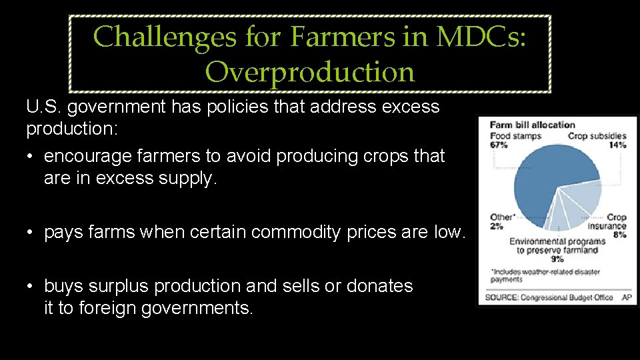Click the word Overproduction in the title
tap(310, 71)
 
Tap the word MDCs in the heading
tap(481, 37)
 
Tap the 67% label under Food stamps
tap(499, 145)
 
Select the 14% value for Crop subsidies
tap(618, 145)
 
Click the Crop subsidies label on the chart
tap(597, 136)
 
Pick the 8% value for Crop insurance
tap(619, 235)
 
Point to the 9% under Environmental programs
tap(557, 259)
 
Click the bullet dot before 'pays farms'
tap(31, 233)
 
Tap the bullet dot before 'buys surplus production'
tap(31, 287)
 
